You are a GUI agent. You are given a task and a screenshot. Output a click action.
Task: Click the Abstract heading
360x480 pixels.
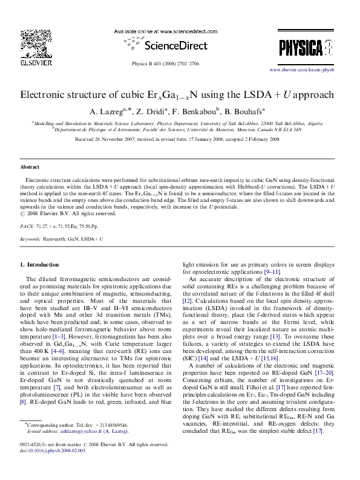click(x=30, y=166)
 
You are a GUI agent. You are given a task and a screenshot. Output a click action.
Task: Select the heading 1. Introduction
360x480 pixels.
click(x=40, y=265)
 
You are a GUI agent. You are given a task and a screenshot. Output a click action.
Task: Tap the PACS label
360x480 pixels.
click(x=27, y=225)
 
